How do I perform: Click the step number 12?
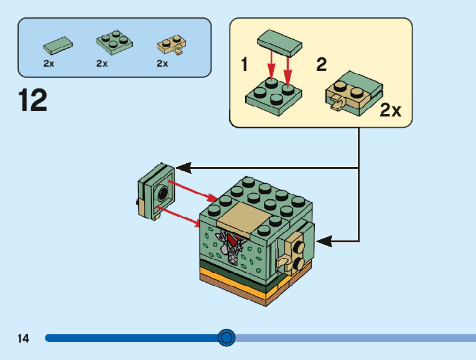pyautogui.click(x=33, y=100)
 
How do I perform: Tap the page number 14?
pyautogui.click(x=24, y=338)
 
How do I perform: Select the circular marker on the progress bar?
pyautogui.click(x=226, y=338)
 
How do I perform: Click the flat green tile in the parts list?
pyautogui.click(x=58, y=45)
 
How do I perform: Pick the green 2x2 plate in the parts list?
pyautogui.click(x=114, y=42)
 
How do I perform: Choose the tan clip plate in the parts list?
pyautogui.click(x=172, y=45)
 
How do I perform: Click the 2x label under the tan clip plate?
pyautogui.click(x=162, y=64)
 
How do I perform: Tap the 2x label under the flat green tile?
pyautogui.click(x=49, y=64)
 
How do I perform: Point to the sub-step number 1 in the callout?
pyautogui.click(x=244, y=64)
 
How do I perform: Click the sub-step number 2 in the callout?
pyautogui.click(x=322, y=64)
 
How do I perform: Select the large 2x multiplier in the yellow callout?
pyautogui.click(x=390, y=110)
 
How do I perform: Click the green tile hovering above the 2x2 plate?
pyautogui.click(x=279, y=43)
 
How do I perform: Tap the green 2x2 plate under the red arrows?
pyautogui.click(x=274, y=97)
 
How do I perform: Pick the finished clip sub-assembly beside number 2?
pyautogui.click(x=354, y=93)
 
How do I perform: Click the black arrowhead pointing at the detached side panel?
pyautogui.click(x=184, y=168)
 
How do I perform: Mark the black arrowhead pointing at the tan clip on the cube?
pyautogui.click(x=324, y=241)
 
